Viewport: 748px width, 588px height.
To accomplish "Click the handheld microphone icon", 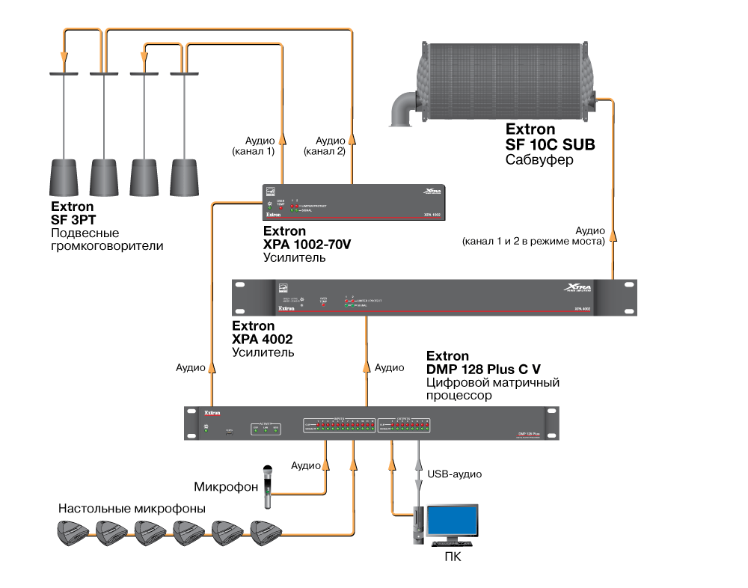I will point(266,487).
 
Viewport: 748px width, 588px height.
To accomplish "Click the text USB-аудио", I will point(454,474).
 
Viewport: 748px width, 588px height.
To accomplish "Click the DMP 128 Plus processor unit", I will point(372,424).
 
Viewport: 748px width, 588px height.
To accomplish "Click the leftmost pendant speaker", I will point(65,175).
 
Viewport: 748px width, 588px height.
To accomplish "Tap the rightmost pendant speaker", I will point(186,175).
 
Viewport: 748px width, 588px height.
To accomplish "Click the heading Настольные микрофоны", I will point(132,508).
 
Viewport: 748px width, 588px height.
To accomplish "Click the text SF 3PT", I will point(74,220).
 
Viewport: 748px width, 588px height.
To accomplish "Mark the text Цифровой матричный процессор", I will point(493,388).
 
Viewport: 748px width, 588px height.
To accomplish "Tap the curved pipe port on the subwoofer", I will point(402,108).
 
